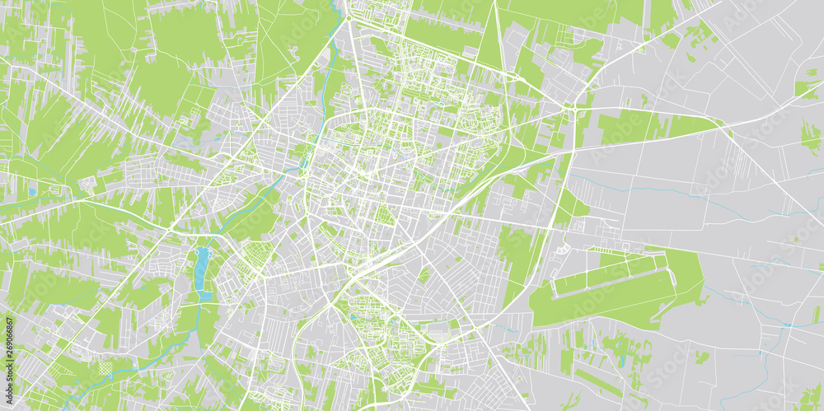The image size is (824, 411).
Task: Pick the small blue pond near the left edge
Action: tap(31, 192)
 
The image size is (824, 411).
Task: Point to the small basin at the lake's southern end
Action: tap(205, 295)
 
